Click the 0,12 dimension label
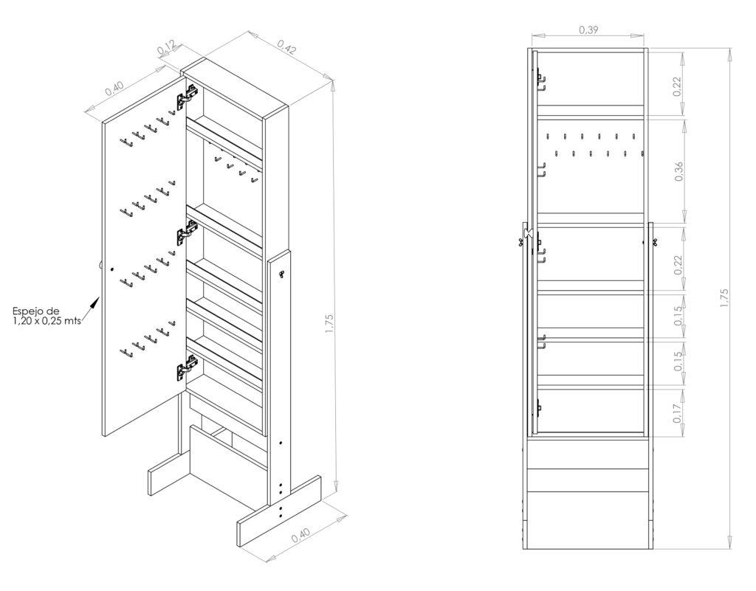(x=166, y=47)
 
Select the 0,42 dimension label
(x=286, y=46)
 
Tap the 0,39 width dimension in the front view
(x=588, y=30)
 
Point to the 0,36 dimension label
(x=679, y=172)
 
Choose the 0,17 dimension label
(x=678, y=412)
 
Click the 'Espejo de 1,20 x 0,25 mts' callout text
(x=47, y=316)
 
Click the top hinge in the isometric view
(x=187, y=97)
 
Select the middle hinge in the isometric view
(x=187, y=232)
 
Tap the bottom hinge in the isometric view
(x=187, y=368)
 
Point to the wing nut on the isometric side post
(x=281, y=274)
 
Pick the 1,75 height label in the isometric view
(x=329, y=324)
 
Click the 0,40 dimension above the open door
(x=114, y=88)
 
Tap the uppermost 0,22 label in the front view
(x=678, y=87)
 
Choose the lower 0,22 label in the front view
(x=678, y=265)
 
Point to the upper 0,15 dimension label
(x=678, y=316)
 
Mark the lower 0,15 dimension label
(x=678, y=362)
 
